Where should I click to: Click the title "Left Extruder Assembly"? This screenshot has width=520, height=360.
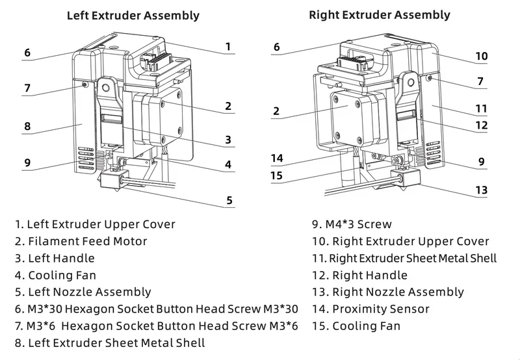pyautogui.click(x=133, y=15)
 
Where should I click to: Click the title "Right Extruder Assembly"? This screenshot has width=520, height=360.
pyautogui.click(x=380, y=14)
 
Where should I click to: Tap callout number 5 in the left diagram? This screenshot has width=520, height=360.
pyautogui.click(x=229, y=200)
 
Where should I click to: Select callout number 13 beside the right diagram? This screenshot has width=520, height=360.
pyautogui.click(x=481, y=190)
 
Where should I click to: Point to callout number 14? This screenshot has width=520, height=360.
pyautogui.click(x=277, y=158)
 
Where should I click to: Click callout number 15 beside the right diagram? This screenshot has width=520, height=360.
pyautogui.click(x=277, y=175)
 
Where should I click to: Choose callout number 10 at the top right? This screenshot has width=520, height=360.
pyautogui.click(x=481, y=57)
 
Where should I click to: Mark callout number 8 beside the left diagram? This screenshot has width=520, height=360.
pyautogui.click(x=27, y=127)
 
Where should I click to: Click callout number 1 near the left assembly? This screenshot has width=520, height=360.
pyautogui.click(x=228, y=46)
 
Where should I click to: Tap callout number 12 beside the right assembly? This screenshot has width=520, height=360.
pyautogui.click(x=481, y=125)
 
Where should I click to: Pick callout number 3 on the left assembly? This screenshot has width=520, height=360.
pyautogui.click(x=228, y=139)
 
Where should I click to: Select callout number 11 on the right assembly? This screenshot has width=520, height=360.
pyautogui.click(x=481, y=108)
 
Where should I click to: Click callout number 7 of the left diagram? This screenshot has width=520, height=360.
pyautogui.click(x=27, y=88)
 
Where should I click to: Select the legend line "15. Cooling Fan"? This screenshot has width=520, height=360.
pyautogui.click(x=356, y=326)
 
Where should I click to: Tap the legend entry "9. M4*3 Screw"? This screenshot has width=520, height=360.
pyautogui.click(x=352, y=224)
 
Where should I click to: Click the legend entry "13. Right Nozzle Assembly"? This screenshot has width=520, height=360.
pyautogui.click(x=388, y=292)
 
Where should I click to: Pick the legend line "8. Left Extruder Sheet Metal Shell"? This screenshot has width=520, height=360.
pyautogui.click(x=110, y=342)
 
